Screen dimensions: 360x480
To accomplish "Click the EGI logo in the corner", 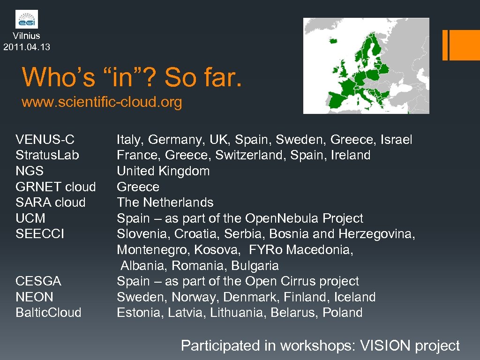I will [27, 19].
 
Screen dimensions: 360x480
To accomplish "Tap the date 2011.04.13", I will [27, 47].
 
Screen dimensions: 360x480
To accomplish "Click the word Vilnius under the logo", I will [27, 36].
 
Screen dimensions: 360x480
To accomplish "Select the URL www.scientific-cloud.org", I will [102, 102].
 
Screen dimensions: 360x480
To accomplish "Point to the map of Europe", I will [366, 66].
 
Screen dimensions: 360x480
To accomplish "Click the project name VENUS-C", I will [45, 140].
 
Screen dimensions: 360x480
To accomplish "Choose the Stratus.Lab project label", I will [47, 155].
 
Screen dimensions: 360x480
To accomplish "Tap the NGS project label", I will [30, 171].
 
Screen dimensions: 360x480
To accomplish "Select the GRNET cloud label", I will [56, 187].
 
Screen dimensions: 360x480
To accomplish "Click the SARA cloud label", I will [51, 202].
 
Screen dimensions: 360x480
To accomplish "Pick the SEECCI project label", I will [40, 234].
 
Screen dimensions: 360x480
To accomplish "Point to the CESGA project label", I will [38, 281].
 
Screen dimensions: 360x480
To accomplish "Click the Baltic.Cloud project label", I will [48, 313].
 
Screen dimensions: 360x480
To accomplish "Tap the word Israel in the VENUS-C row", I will [397, 140].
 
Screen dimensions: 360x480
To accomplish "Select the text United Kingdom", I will [163, 171].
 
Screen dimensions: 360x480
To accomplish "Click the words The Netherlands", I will [165, 202].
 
